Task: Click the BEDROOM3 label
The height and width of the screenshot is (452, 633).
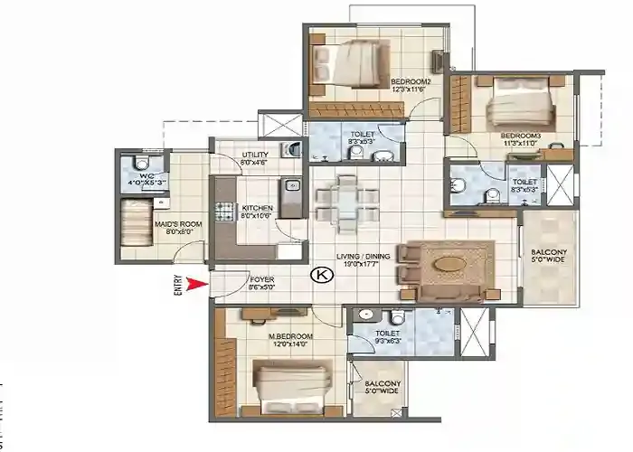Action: pyautogui.click(x=520, y=137)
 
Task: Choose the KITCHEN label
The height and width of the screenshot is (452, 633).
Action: pyautogui.click(x=257, y=209)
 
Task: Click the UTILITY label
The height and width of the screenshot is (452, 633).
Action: pyautogui.click(x=255, y=155)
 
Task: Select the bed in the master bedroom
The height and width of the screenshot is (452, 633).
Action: pyautogui.click(x=291, y=385)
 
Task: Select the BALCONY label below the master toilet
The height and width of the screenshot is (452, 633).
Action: pyautogui.click(x=379, y=387)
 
